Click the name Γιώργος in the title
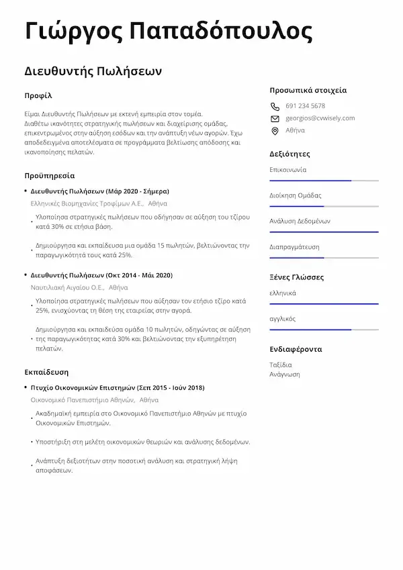tap(72, 31)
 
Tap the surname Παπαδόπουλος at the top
tap(220, 31)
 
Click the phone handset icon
tap(274, 106)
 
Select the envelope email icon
tap(274, 118)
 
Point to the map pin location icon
tap(274, 130)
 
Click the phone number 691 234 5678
tap(305, 106)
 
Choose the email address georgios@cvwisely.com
tap(320, 118)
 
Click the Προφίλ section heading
tap(38, 95)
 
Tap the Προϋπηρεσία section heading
tap(49, 175)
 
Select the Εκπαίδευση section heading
tap(46, 371)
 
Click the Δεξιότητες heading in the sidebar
tap(289, 154)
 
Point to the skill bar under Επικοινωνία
tap(324, 181)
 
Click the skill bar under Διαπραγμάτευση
tap(324, 258)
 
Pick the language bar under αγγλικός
tap(324, 330)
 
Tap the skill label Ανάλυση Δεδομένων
tap(300, 221)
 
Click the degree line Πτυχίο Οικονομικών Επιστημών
tap(118, 387)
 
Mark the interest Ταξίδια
tap(281, 365)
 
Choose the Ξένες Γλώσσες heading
tap(296, 277)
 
